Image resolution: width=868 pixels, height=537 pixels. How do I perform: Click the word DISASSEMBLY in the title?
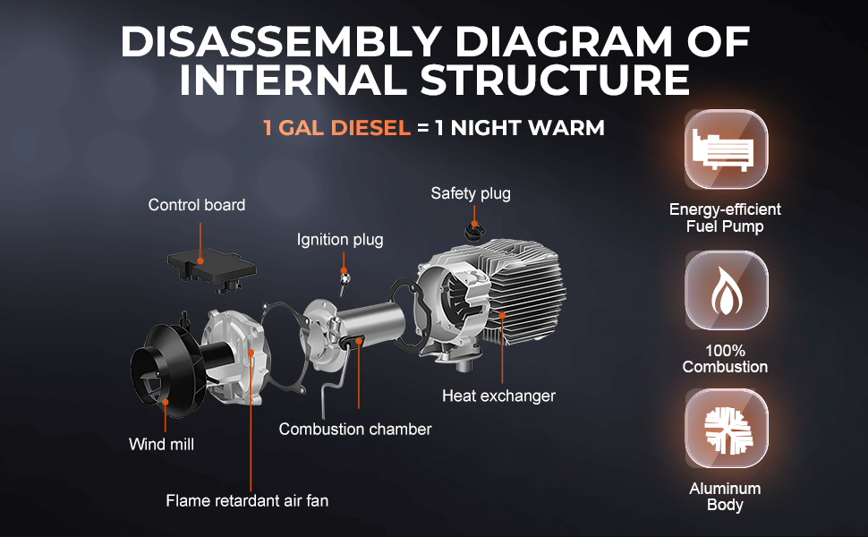(281, 42)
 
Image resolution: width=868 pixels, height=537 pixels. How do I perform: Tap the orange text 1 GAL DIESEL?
(336, 128)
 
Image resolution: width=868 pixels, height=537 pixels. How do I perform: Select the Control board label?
(197, 205)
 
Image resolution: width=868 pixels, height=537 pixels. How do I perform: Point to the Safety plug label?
(471, 193)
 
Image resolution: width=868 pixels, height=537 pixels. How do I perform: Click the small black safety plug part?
(473, 232)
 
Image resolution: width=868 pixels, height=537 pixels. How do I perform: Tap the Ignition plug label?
(340, 240)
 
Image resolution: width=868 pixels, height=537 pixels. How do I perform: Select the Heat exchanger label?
(498, 396)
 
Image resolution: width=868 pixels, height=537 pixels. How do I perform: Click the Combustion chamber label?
(355, 429)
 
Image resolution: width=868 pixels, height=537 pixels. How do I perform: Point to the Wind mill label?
(161, 444)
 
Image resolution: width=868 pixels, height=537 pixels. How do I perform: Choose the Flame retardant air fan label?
(247, 501)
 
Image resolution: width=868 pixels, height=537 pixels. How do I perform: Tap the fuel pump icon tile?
(726, 149)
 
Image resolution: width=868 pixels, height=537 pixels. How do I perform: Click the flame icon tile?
(726, 291)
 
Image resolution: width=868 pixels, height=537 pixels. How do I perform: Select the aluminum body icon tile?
(726, 429)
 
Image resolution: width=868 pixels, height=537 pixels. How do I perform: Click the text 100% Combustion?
(725, 359)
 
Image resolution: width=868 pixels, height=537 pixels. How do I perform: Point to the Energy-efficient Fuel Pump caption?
(725, 217)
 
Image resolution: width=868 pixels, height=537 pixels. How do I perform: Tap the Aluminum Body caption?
(725, 497)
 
